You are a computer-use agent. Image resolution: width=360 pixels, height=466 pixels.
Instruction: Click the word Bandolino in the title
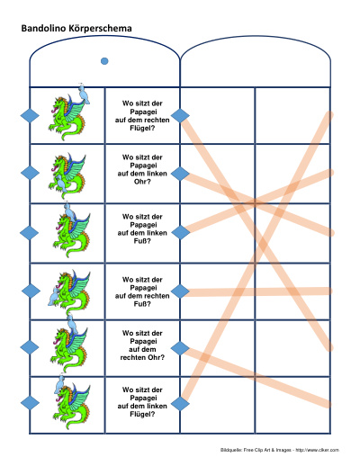click(x=43, y=28)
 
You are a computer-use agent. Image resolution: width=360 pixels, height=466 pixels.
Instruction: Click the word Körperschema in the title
click(x=100, y=29)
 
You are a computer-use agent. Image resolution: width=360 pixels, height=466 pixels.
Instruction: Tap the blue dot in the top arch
click(x=104, y=61)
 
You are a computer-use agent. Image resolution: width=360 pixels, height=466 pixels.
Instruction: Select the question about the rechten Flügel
click(x=142, y=116)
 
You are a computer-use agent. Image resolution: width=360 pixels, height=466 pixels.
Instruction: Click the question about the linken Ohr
click(x=142, y=169)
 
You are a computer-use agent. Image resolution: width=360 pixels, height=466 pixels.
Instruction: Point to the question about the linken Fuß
click(x=142, y=229)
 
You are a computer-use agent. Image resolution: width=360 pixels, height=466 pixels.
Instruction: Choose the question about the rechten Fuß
click(x=142, y=291)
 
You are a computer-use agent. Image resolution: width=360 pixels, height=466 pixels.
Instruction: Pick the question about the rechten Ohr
click(x=142, y=345)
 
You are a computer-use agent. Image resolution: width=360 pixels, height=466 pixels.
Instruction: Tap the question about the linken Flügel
click(x=142, y=402)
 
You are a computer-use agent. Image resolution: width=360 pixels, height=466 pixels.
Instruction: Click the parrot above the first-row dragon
click(x=84, y=94)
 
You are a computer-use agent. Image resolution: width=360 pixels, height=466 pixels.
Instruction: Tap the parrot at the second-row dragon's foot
click(x=62, y=184)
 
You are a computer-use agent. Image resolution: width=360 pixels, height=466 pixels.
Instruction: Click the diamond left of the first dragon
click(x=30, y=116)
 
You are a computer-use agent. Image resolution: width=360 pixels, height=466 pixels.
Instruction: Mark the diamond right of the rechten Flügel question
click(x=180, y=116)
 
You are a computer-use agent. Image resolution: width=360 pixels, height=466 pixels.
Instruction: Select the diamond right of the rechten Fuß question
click(x=180, y=291)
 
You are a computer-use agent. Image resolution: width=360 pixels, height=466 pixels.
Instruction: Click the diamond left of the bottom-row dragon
click(x=30, y=403)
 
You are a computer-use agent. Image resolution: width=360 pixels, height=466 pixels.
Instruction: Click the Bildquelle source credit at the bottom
click(x=280, y=450)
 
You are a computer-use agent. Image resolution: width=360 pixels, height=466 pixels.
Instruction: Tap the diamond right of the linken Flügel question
click(x=180, y=403)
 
